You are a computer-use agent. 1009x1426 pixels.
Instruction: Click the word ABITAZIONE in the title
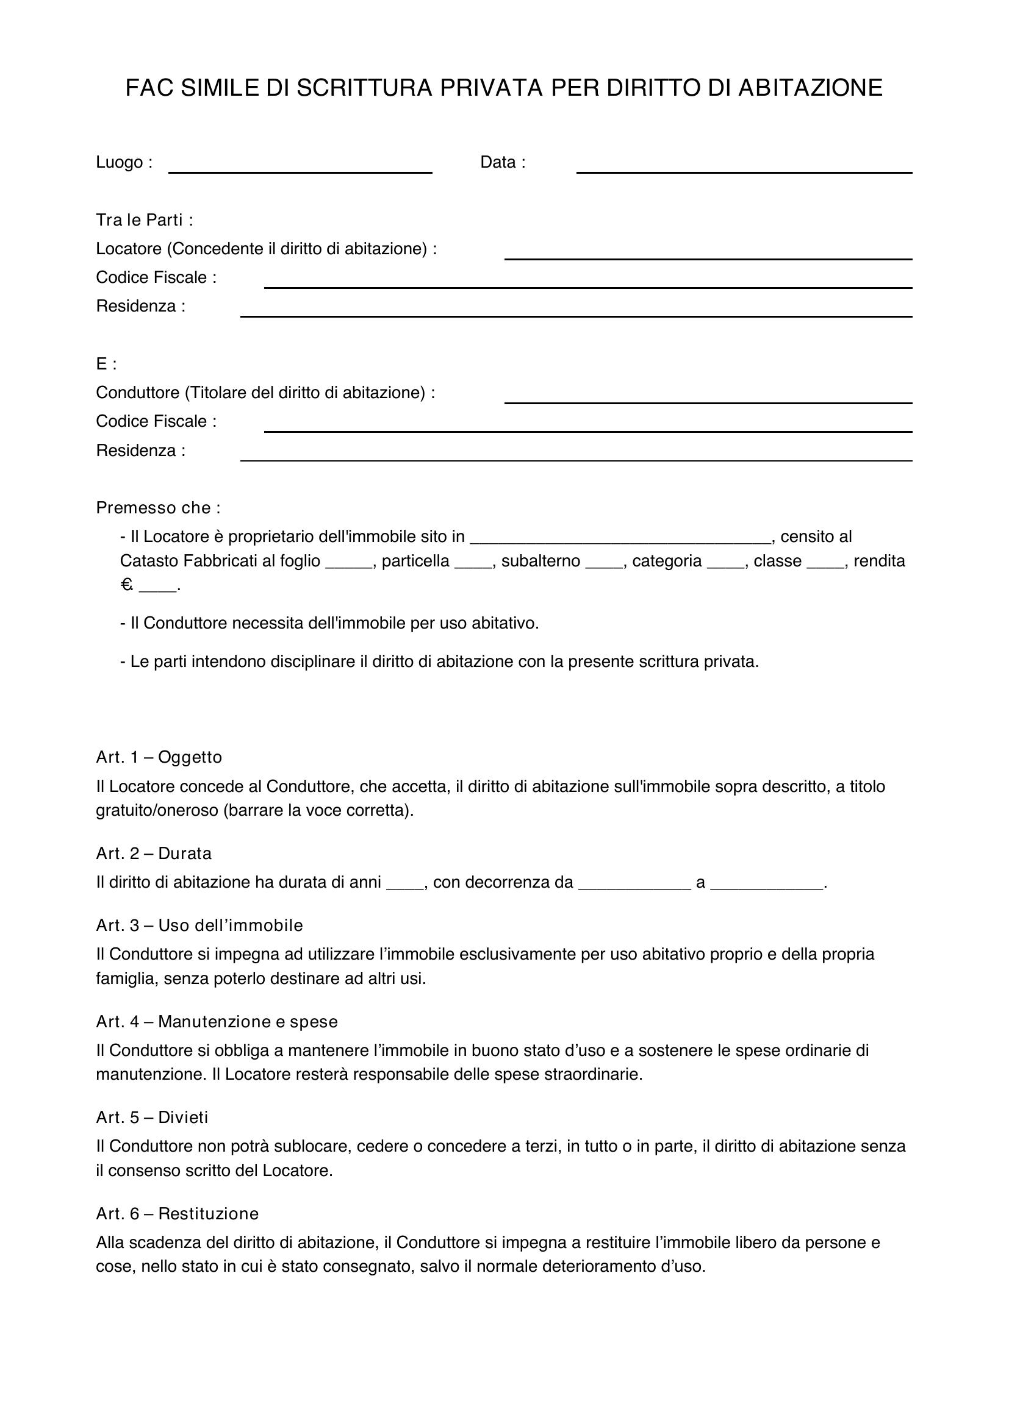point(810,88)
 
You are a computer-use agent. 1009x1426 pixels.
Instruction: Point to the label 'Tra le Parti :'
point(145,220)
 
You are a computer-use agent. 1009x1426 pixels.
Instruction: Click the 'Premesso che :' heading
point(159,507)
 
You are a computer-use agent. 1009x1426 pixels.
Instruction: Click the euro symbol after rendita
point(127,585)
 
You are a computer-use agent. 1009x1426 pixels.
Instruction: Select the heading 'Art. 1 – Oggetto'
point(159,757)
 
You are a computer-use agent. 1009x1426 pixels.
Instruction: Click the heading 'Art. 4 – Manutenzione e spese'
point(217,1022)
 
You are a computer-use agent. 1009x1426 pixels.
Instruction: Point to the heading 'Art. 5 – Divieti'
point(153,1118)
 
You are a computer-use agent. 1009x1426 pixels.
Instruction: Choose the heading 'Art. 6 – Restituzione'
point(177,1214)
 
